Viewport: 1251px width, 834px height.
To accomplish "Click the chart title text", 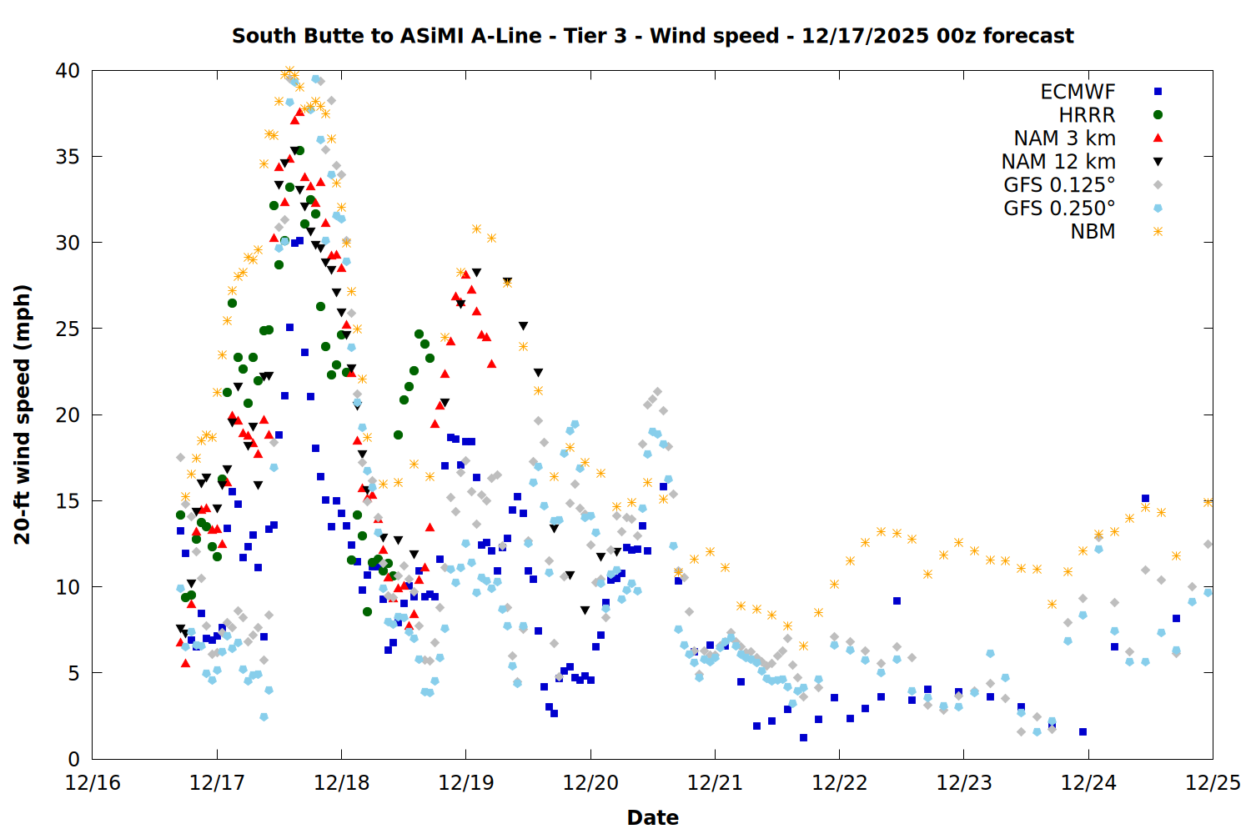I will (652, 36).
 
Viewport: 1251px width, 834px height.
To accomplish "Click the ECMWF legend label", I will (1078, 92).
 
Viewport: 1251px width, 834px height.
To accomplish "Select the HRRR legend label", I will (1087, 115).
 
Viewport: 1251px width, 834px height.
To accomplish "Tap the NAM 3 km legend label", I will (1064, 138).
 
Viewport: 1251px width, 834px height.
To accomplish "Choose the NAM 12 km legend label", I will (1058, 162).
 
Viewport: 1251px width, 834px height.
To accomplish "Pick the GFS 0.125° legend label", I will (1059, 185).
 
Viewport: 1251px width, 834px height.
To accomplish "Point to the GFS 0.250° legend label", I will (1059, 208).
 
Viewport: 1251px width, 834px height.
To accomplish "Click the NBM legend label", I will (1093, 232).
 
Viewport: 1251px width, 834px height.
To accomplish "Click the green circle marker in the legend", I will (1158, 115).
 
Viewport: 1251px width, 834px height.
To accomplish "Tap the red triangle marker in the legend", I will (1158, 138).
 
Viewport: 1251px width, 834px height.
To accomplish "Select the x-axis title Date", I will (652, 817).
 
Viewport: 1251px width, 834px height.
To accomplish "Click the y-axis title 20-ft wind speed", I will (23, 414).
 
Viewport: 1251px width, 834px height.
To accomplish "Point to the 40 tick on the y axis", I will (68, 71).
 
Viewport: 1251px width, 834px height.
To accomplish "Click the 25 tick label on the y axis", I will (68, 329).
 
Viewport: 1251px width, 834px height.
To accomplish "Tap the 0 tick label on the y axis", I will (73, 759).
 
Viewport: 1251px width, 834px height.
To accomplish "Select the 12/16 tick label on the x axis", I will (93, 783).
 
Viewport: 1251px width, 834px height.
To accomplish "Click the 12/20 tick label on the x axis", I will (590, 783).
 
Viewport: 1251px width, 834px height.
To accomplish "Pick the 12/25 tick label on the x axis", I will (1213, 783).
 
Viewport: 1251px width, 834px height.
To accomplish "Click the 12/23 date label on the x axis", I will (964, 783).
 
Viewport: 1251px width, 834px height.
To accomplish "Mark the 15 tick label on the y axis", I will (68, 501).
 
